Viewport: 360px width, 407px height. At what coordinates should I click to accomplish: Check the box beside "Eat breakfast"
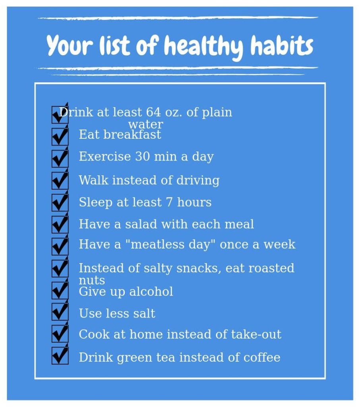coord(60,136)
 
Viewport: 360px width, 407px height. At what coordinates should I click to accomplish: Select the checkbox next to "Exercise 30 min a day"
coord(60,158)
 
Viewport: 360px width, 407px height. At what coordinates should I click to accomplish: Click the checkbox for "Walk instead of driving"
coord(60,180)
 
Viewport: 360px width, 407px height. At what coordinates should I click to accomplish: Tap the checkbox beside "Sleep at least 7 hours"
coord(60,202)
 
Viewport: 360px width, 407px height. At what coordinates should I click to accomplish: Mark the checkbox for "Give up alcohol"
coord(60,290)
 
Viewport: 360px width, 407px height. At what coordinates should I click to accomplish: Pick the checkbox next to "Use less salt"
coord(60,312)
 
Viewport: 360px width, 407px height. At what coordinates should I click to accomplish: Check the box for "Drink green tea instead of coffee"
coord(60,356)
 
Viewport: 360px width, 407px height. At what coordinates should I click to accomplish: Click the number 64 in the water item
coord(153,112)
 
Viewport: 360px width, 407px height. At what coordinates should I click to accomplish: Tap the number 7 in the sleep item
coord(169,202)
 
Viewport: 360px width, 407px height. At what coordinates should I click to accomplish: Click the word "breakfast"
coord(132,134)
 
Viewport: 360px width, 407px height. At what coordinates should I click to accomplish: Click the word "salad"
coord(141,224)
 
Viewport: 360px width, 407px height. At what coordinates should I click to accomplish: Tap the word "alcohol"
coord(151,291)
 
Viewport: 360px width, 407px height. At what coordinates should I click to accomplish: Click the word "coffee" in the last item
coord(261,357)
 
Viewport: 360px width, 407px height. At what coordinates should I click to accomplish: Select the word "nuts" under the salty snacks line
coord(92,281)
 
